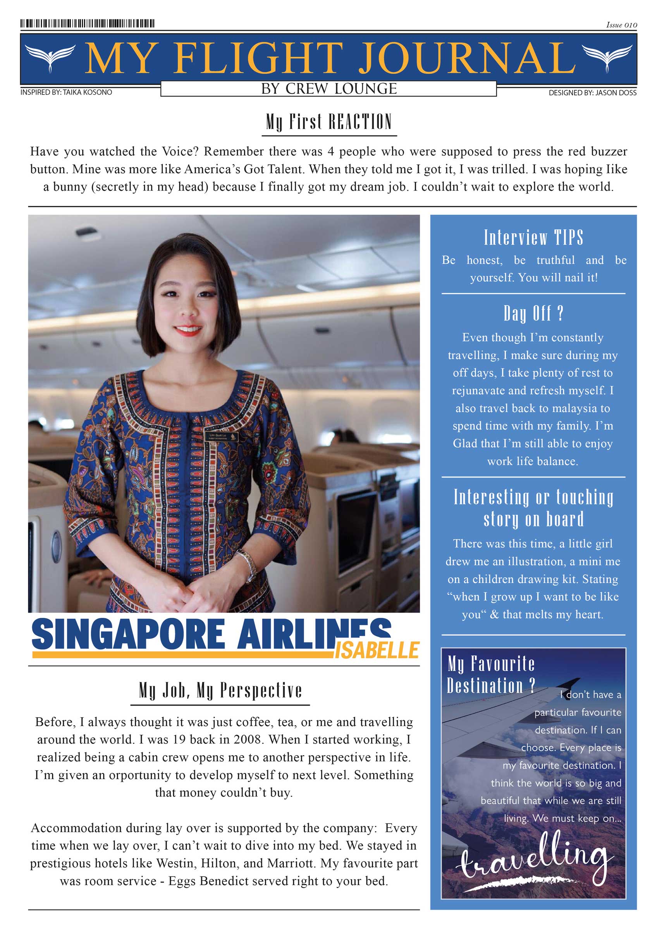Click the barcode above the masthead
tap(88, 24)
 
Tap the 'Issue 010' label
tap(621, 25)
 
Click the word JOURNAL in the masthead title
tap(467, 59)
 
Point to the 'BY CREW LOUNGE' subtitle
tap(329, 89)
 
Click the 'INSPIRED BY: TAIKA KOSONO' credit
tap(66, 92)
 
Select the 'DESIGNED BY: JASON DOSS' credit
tap(592, 93)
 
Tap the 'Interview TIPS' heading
tap(533, 238)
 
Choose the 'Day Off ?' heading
tap(533, 314)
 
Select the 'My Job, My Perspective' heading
tap(220, 690)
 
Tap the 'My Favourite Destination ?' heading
tap(491, 675)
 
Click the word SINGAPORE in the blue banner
tap(128, 634)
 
